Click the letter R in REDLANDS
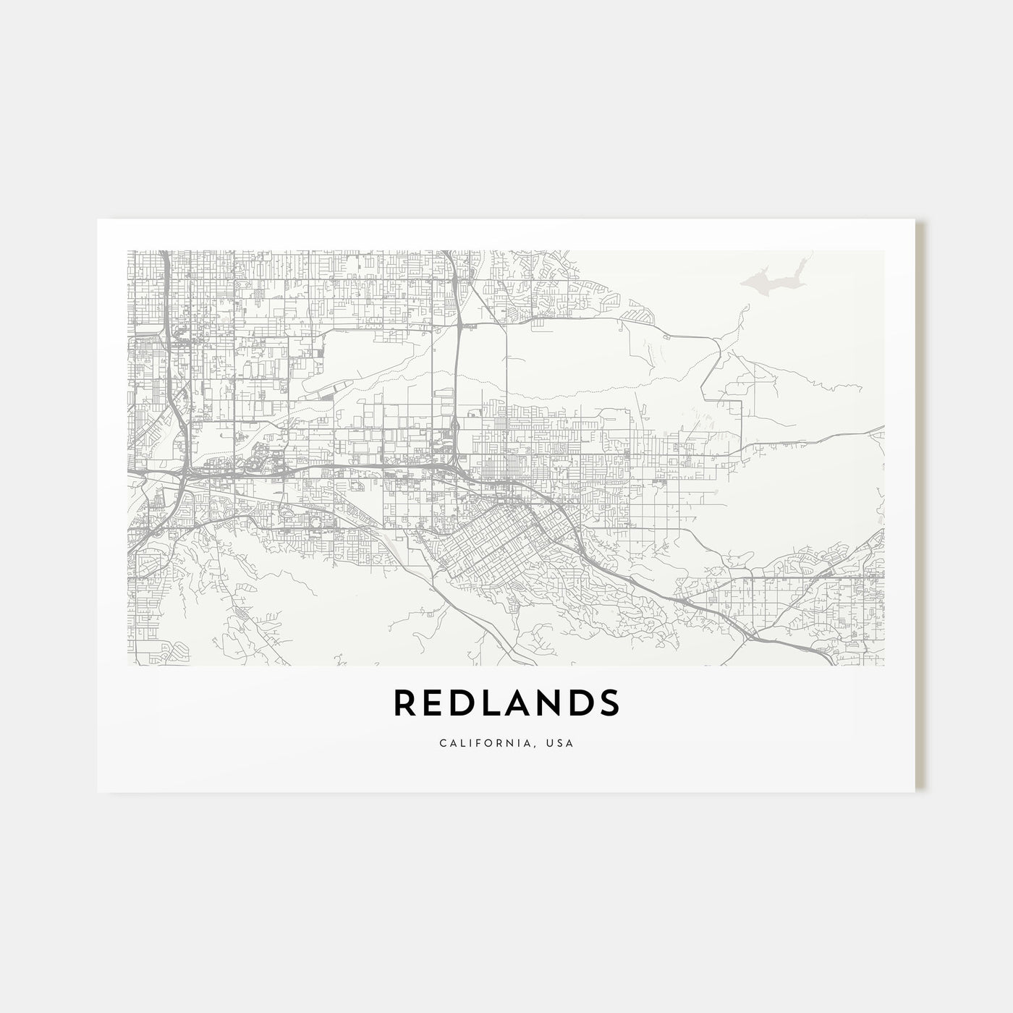click(x=404, y=703)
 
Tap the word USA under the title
click(x=561, y=742)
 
